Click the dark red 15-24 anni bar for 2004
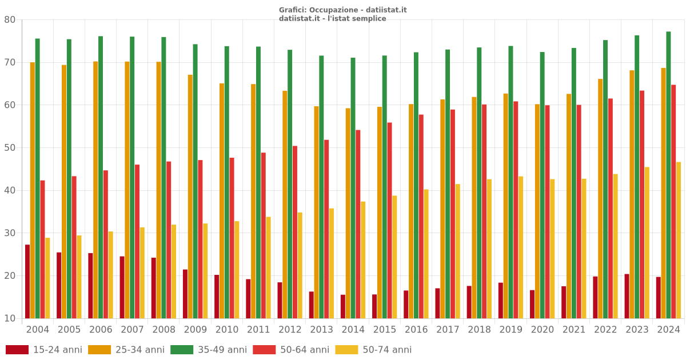pos(27,281)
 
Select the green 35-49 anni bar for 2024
pos(668,175)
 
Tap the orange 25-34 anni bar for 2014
pos(348,213)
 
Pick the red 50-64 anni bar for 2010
pos(232,238)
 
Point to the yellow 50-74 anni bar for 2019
pos(521,247)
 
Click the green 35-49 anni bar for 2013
pos(321,187)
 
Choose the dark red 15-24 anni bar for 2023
pos(627,296)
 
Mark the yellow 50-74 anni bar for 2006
pos(111,275)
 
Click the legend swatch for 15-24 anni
pos(17,350)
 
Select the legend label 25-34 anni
pos(139,350)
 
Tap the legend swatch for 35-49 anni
pos(182,350)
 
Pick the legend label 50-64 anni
pos(305,350)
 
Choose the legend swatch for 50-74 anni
pos(346,350)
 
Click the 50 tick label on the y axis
pos(10,147)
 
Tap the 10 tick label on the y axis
pos(10,318)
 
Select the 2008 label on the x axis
pos(164,330)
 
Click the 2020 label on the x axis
pos(543,330)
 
